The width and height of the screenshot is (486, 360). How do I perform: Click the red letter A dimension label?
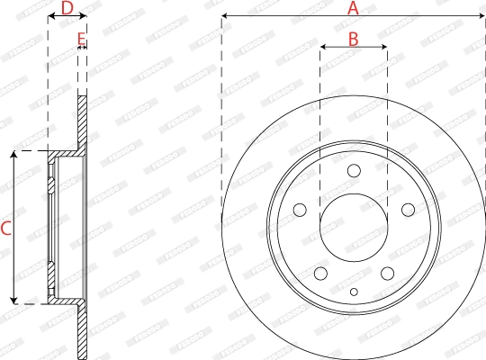tap(353, 8)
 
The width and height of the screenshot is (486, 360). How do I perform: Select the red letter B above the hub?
tap(353, 39)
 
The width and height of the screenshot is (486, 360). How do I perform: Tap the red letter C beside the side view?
tap(5, 229)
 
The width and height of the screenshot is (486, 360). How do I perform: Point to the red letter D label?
tap(66, 8)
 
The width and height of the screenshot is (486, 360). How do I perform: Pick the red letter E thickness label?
tap(81, 39)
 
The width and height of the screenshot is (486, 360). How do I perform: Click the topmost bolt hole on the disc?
tap(354, 171)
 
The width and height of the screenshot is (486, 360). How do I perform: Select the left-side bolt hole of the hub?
tap(300, 210)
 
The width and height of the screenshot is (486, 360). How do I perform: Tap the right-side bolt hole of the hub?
tap(408, 210)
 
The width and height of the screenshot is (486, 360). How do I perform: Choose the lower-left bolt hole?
tap(320, 274)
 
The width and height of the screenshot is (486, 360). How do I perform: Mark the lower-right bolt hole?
tap(387, 274)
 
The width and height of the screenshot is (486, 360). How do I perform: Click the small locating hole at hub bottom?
tap(354, 291)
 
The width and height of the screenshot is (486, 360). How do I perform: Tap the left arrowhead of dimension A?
tap(225, 16)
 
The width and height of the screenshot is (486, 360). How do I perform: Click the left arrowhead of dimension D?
tap(50, 16)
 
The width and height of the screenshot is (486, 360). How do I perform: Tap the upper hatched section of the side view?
tap(83, 121)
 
